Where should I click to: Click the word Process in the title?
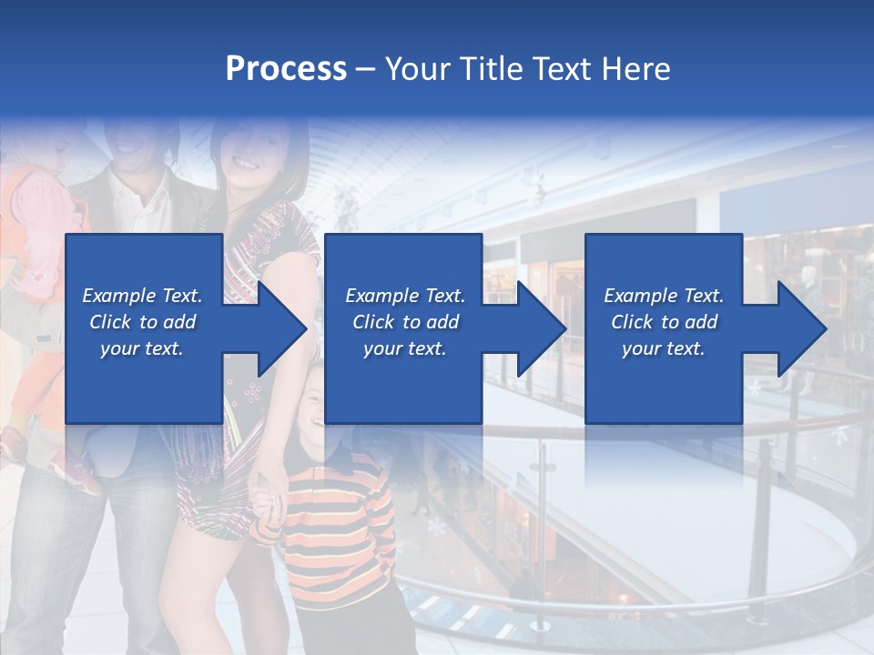point(286,68)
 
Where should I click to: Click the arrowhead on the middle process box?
point(535,328)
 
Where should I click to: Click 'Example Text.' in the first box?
point(142,296)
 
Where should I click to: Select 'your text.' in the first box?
point(142,348)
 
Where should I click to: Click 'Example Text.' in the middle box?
point(405,296)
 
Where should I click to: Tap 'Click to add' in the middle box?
point(405,322)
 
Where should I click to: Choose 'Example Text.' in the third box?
point(664,296)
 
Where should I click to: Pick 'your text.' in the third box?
point(664,348)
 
